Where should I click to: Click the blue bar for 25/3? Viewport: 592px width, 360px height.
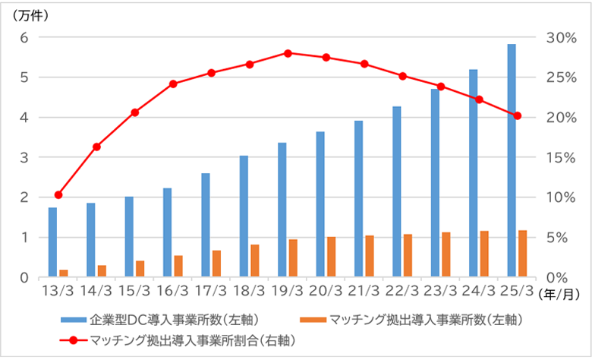click(512, 160)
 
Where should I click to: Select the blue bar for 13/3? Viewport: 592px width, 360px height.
click(52, 242)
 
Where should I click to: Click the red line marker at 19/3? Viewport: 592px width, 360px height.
click(288, 53)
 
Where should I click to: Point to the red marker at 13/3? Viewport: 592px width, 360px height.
click(58, 195)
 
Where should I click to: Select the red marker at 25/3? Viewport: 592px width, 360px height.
click(517, 115)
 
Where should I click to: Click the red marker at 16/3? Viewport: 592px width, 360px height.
click(173, 84)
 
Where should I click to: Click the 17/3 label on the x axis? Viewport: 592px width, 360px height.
click(210, 292)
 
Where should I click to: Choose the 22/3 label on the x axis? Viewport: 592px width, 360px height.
click(402, 292)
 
